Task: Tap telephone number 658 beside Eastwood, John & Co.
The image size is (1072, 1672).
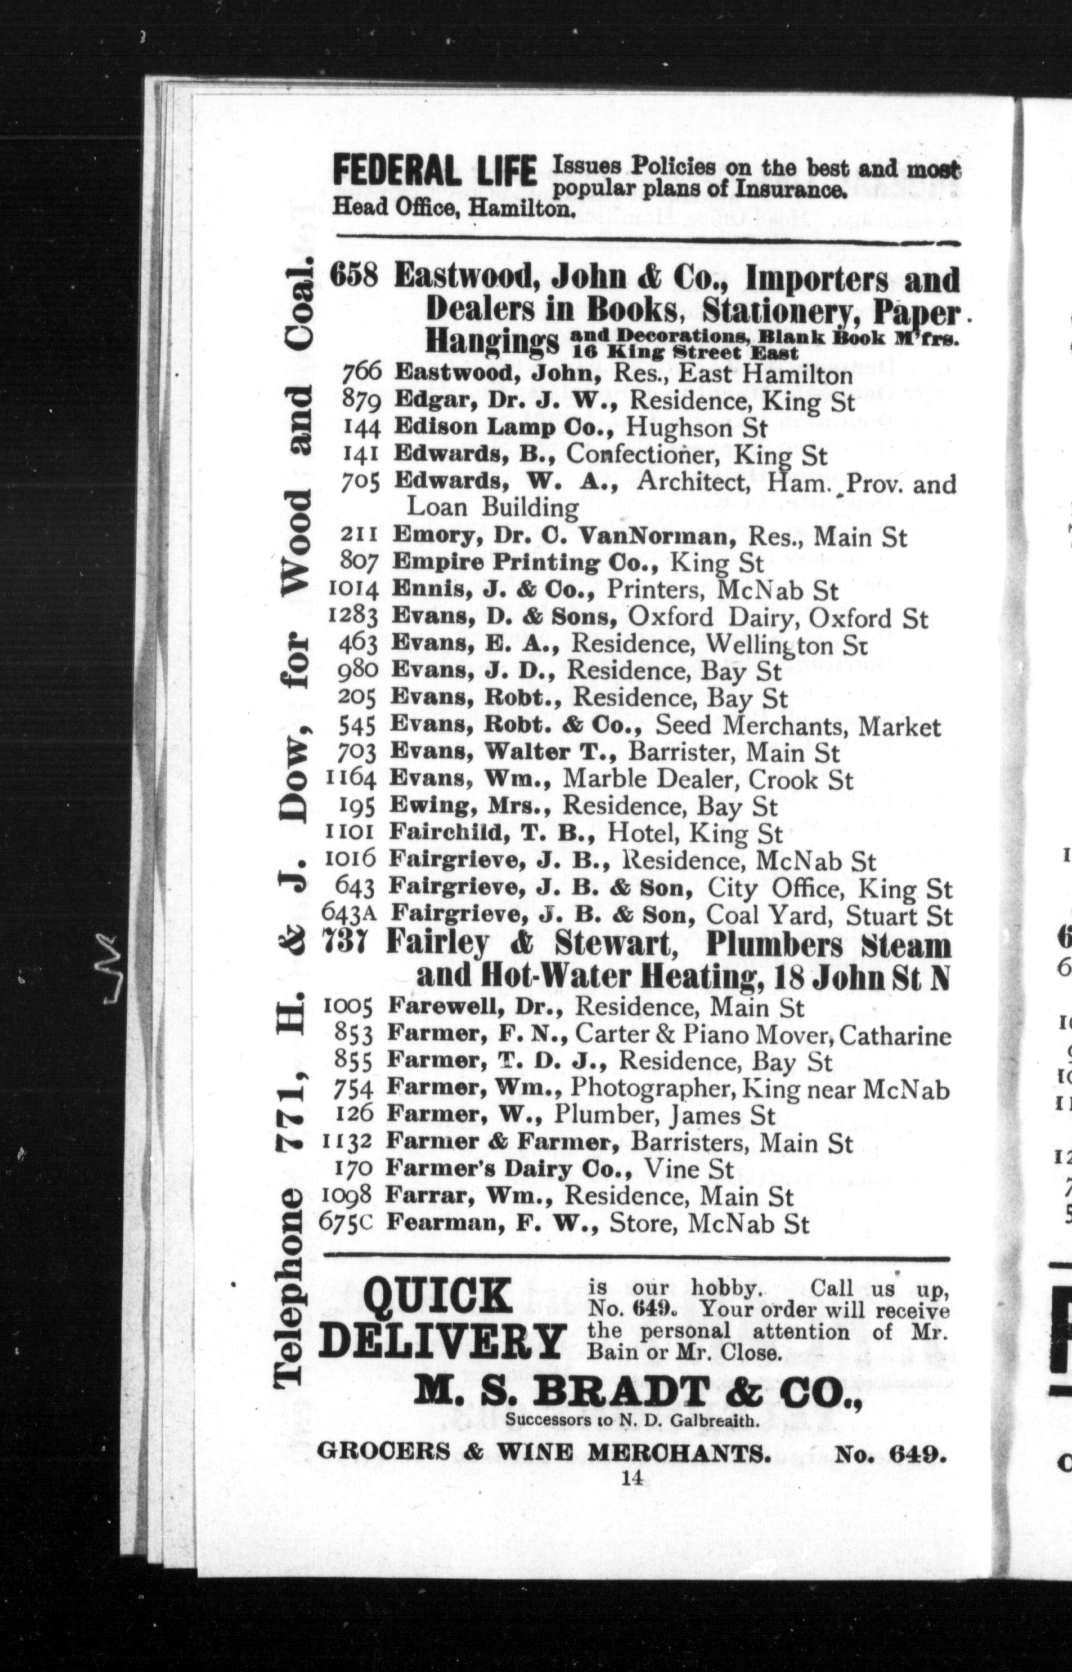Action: coord(354,277)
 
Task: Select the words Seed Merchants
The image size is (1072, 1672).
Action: coord(753,726)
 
